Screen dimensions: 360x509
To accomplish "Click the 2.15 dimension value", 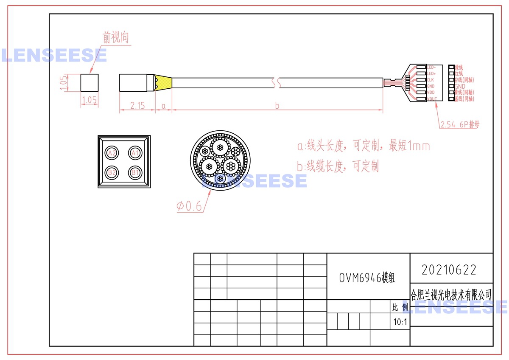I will (137, 106).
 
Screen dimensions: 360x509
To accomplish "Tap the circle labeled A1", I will (135, 153).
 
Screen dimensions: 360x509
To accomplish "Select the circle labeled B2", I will (112, 172).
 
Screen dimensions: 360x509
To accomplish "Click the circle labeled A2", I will (112, 153).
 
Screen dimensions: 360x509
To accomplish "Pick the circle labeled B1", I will (135, 172).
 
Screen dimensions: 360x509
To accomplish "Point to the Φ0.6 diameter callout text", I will (189, 206).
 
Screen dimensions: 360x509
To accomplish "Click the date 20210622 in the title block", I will (449, 270).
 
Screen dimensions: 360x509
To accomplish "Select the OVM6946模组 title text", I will (367, 278).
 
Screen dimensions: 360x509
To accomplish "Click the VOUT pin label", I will (432, 99).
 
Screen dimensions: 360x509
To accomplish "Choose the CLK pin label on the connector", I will (430, 80).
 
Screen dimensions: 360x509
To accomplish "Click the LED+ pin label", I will (431, 74).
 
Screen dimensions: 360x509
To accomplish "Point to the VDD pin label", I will (431, 93).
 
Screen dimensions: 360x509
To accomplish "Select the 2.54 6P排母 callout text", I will (460, 124).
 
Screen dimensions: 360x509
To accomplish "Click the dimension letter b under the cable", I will (277, 106).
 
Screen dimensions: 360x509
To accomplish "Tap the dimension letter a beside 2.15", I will (163, 106).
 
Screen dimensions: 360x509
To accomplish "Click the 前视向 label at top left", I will (115, 38).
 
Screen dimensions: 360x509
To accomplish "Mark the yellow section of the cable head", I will (163, 83).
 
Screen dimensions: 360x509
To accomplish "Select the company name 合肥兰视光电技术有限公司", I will (452, 294).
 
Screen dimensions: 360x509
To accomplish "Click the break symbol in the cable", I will (277, 83).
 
